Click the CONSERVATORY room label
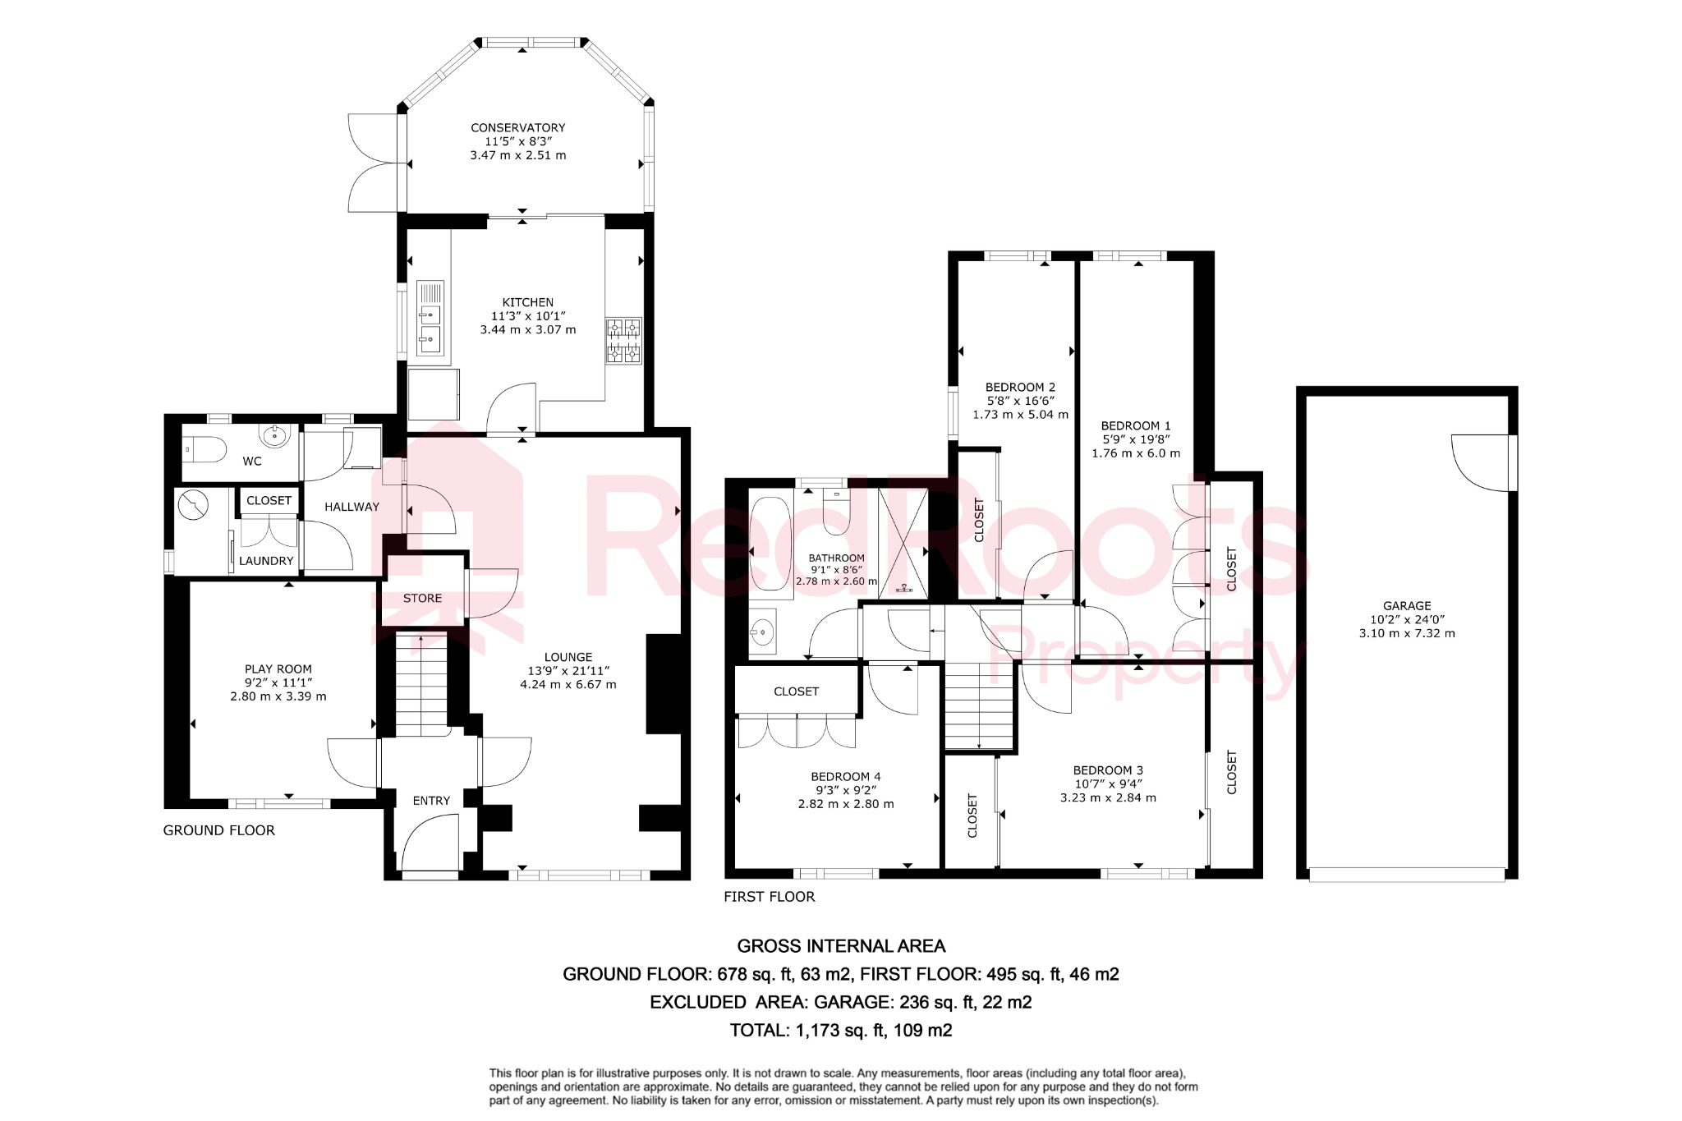click(517, 127)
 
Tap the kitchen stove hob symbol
click(623, 341)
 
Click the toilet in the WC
click(205, 450)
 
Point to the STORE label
click(422, 598)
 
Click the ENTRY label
click(431, 800)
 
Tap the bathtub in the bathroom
click(770, 544)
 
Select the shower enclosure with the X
click(903, 543)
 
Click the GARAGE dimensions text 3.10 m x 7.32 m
click(1406, 633)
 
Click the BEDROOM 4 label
click(845, 776)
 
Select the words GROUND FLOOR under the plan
click(218, 830)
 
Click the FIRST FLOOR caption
click(769, 897)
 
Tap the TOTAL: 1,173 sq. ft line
click(840, 1030)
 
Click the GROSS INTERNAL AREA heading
click(840, 946)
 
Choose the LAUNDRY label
click(265, 561)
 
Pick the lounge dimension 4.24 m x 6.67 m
click(568, 684)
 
